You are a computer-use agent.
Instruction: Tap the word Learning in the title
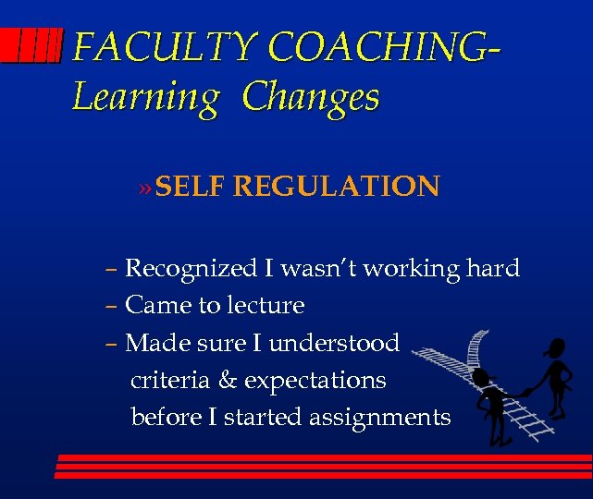click(x=145, y=97)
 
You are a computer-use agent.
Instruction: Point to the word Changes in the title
click(x=311, y=97)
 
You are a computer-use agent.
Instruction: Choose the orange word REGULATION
click(x=336, y=187)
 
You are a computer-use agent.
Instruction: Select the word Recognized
click(x=191, y=269)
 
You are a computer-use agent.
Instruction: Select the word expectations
click(x=315, y=381)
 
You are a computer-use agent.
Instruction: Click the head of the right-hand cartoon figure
click(x=556, y=347)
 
